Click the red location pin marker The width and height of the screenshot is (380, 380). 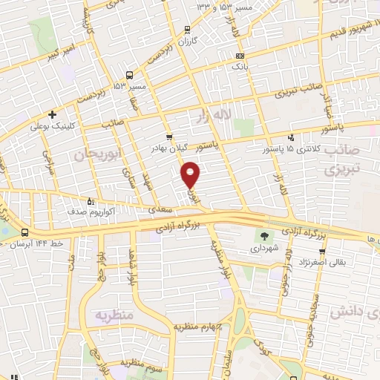point(191,174)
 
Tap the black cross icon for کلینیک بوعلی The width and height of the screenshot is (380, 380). point(52,114)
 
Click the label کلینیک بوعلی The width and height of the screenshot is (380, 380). point(50,127)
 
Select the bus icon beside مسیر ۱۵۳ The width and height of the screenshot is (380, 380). point(130,75)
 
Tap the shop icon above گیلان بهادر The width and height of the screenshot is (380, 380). point(169,137)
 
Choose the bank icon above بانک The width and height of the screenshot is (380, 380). point(239,56)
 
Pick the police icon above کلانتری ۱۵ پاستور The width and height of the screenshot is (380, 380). point(291,137)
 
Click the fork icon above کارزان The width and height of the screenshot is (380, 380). point(186,30)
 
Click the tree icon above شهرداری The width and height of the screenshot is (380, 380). point(261,237)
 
